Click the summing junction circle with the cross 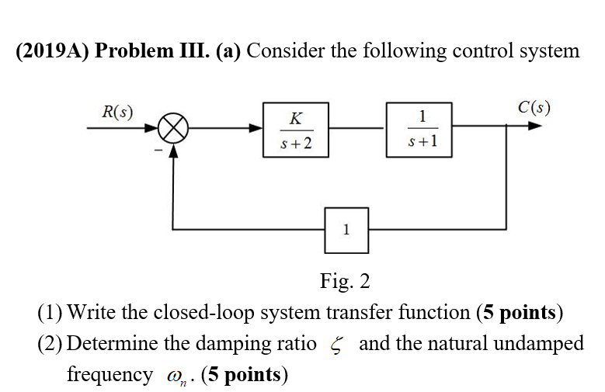(173, 129)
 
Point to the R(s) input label (116, 110)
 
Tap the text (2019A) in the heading (50, 51)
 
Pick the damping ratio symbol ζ (337, 344)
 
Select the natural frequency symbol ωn (176, 376)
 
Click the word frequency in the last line (110, 375)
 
